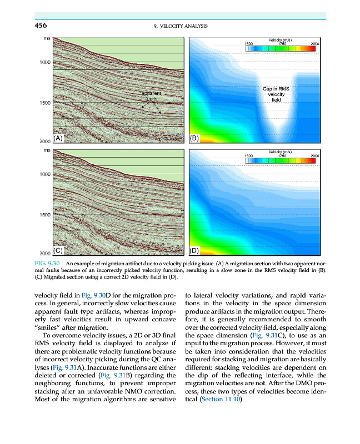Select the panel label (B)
[196, 138]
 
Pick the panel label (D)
[196, 250]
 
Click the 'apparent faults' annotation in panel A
[151, 97]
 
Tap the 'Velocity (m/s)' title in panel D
[281, 152]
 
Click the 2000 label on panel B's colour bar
[315, 43]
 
